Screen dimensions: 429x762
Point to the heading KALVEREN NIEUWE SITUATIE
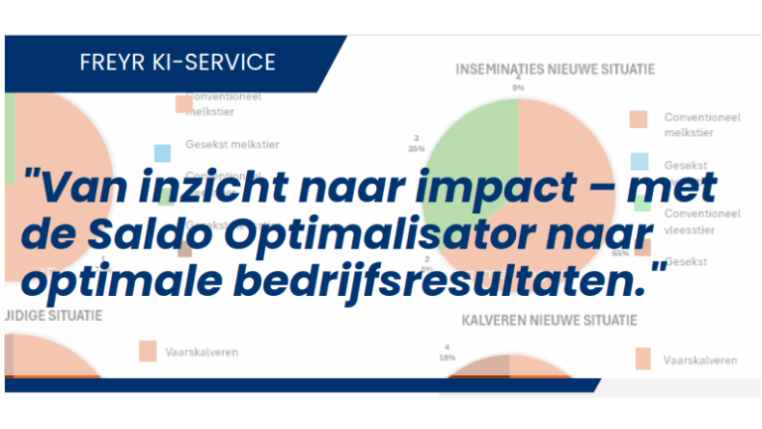pyautogui.click(x=549, y=321)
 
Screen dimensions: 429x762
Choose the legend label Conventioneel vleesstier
pyautogui.click(x=702, y=220)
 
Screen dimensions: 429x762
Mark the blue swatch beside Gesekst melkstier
pyautogui.click(x=163, y=153)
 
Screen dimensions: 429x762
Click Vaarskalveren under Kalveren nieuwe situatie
pyautogui.click(x=699, y=360)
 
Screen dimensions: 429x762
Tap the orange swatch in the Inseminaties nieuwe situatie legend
pyautogui.click(x=639, y=120)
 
